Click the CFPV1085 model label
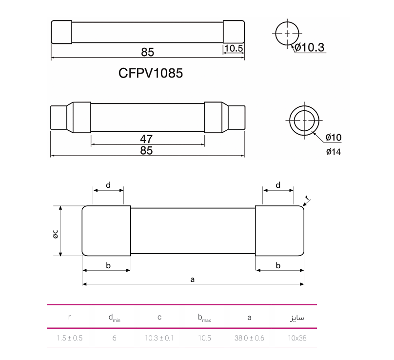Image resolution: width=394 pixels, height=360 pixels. coord(151,73)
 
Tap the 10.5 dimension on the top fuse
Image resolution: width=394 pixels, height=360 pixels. coord(234,48)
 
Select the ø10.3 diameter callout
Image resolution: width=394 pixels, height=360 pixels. coord(309,47)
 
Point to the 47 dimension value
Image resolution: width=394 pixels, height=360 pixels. coord(146,139)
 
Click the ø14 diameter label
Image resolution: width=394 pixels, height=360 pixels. coord(334,152)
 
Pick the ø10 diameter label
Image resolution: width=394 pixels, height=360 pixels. coord(334,137)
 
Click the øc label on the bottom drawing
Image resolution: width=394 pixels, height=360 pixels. coord(56,234)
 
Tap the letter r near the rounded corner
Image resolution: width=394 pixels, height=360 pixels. coord(307,198)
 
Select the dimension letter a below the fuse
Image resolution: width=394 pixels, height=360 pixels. coord(193,280)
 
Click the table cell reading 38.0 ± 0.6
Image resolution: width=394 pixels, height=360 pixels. coord(249,338)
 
